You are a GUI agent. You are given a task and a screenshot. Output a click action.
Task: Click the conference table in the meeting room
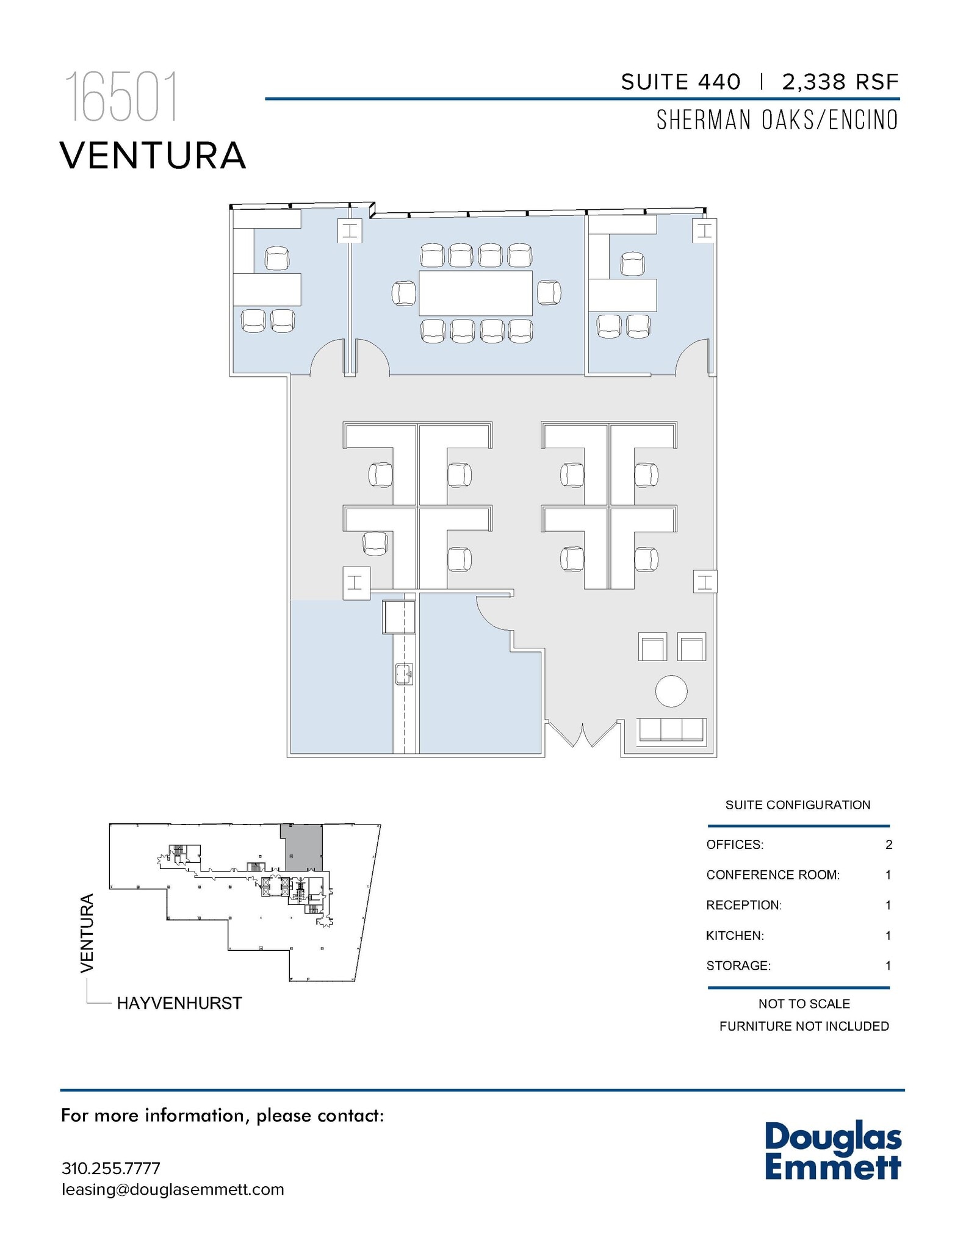click(475, 293)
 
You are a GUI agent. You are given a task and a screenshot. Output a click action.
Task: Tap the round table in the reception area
click(671, 691)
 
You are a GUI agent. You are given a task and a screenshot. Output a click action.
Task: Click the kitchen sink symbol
click(404, 674)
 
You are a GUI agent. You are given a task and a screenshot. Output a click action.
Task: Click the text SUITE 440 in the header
click(680, 82)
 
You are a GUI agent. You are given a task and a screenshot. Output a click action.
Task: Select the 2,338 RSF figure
click(840, 82)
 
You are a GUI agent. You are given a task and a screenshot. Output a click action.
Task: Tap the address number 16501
click(121, 98)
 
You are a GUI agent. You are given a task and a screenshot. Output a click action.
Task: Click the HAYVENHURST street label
click(179, 1003)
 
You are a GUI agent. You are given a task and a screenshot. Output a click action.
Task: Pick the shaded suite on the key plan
click(300, 847)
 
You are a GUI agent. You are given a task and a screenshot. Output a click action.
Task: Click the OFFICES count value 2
click(889, 845)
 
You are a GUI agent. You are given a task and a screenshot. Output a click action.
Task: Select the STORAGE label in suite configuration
click(738, 966)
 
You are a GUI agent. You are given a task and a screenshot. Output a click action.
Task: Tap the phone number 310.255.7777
click(111, 1168)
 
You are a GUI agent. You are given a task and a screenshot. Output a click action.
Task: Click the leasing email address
click(173, 1190)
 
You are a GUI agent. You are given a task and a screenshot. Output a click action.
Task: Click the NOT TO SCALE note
click(804, 1004)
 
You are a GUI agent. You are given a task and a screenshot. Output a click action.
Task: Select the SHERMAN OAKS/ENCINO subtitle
click(777, 120)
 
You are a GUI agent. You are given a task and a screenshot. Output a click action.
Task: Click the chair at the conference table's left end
click(404, 293)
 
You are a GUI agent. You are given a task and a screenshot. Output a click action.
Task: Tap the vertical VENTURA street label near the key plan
click(87, 933)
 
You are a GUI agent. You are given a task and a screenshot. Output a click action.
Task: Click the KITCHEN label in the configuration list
click(735, 936)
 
